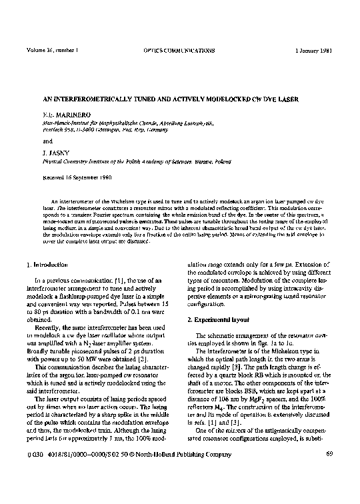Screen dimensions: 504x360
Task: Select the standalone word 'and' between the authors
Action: click(47, 141)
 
